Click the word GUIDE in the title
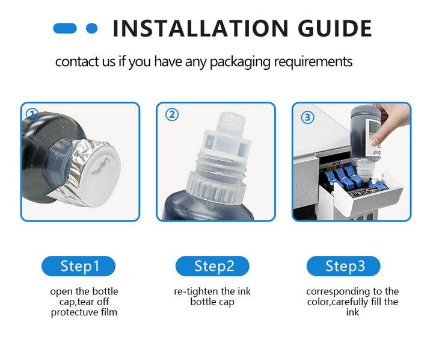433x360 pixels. (x=335, y=28)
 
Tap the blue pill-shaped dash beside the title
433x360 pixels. (x=65, y=28)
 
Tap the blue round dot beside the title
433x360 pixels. (x=92, y=28)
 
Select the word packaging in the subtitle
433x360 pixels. (x=240, y=62)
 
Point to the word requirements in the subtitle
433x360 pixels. (x=313, y=62)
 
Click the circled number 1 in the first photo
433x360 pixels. (x=32, y=114)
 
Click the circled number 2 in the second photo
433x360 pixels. (x=172, y=114)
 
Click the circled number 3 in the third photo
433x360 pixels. (x=307, y=117)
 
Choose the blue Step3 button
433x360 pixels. (x=343, y=266)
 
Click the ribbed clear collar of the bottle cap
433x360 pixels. (x=216, y=188)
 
